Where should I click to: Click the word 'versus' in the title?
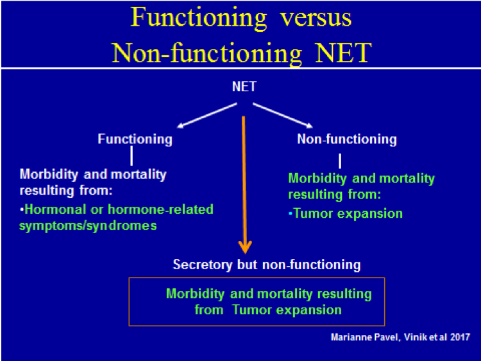click(x=316, y=18)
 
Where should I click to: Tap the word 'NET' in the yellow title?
click(x=343, y=53)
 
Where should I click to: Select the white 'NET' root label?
click(x=244, y=87)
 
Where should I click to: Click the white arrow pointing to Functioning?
click(x=207, y=116)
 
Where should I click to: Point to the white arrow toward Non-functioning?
click(x=283, y=116)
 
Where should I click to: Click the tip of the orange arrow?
click(x=245, y=254)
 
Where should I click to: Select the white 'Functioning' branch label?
click(x=135, y=139)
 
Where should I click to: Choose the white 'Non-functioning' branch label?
click(x=347, y=139)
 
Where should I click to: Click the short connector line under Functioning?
click(x=131, y=155)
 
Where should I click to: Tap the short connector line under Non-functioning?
click(x=340, y=161)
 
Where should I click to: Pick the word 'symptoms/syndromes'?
click(x=88, y=226)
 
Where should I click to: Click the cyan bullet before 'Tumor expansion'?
click(x=290, y=213)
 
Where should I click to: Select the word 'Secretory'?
click(x=203, y=265)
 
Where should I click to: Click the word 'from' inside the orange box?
click(x=208, y=310)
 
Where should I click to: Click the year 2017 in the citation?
click(x=460, y=337)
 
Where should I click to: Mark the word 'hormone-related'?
click(x=161, y=209)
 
